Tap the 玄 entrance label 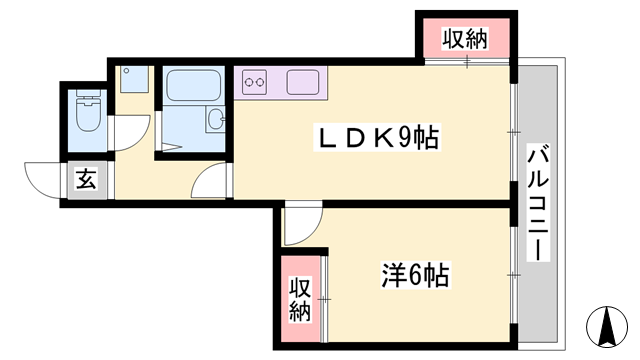(x=87, y=181)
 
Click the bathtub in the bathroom (x=195, y=88)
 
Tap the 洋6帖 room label (x=413, y=272)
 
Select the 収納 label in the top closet (x=465, y=40)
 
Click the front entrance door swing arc (x=45, y=180)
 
